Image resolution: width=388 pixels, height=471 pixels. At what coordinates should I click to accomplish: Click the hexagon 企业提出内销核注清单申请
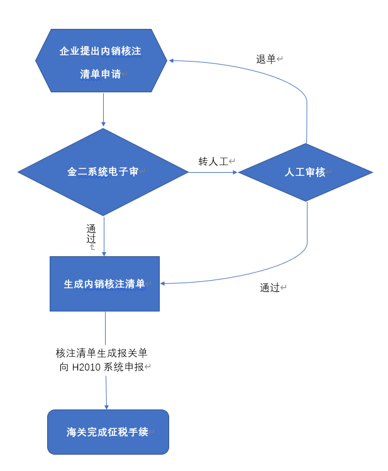pos(101,61)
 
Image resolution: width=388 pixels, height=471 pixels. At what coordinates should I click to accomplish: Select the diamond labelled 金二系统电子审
pos(103,171)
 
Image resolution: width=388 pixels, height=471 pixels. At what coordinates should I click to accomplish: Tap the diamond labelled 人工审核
pos(306,171)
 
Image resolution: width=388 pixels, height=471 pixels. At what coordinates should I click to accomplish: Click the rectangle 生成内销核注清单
pos(104,284)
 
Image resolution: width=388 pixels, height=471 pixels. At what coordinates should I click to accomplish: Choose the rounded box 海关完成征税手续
pos(108,432)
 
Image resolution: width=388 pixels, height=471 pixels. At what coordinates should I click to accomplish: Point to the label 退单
pos(266,59)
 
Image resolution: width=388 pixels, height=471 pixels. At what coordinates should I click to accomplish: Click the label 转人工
pos(213,161)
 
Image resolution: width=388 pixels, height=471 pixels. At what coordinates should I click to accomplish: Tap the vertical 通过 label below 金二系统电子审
pos(91,234)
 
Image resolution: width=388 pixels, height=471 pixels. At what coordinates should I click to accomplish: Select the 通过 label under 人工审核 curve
pos(270,288)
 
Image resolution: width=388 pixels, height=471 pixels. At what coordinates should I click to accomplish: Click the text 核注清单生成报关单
pos(102,353)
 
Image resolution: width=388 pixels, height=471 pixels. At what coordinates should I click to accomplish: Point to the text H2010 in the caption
pos(85,367)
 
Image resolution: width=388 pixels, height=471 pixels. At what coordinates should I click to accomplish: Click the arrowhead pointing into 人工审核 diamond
pos(235,171)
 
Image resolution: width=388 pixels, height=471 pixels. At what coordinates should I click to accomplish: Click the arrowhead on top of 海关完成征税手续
pos(107,406)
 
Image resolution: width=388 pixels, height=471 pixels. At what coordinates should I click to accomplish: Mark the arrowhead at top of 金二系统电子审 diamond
pos(103,125)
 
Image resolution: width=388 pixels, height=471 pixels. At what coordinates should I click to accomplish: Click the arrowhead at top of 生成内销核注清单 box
pos(104,253)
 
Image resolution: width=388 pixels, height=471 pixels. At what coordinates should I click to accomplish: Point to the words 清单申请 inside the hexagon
pos(101,73)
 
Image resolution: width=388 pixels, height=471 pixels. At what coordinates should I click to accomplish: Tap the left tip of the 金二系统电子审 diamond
pos(19,171)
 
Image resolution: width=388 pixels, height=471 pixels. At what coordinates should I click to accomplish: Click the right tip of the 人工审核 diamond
pos(372,171)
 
